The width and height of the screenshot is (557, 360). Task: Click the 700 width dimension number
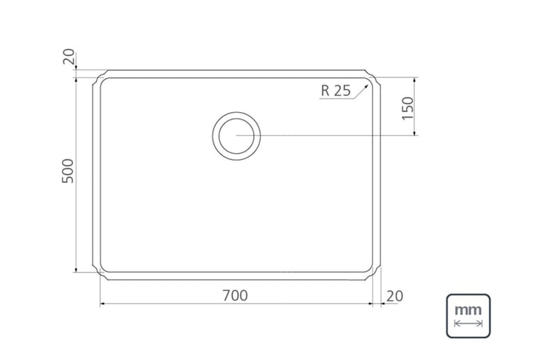235,295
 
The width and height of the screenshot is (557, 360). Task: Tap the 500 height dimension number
68,171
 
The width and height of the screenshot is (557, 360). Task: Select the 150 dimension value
408,109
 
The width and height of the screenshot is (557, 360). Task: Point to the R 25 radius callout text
336,91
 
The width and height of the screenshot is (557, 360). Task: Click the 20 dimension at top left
69,56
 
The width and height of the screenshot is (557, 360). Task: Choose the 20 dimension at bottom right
395,296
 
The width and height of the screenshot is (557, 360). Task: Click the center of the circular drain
237,136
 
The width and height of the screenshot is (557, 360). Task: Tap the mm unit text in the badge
468,310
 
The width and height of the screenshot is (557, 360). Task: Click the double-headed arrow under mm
468,323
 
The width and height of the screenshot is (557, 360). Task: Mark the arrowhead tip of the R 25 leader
368,84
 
